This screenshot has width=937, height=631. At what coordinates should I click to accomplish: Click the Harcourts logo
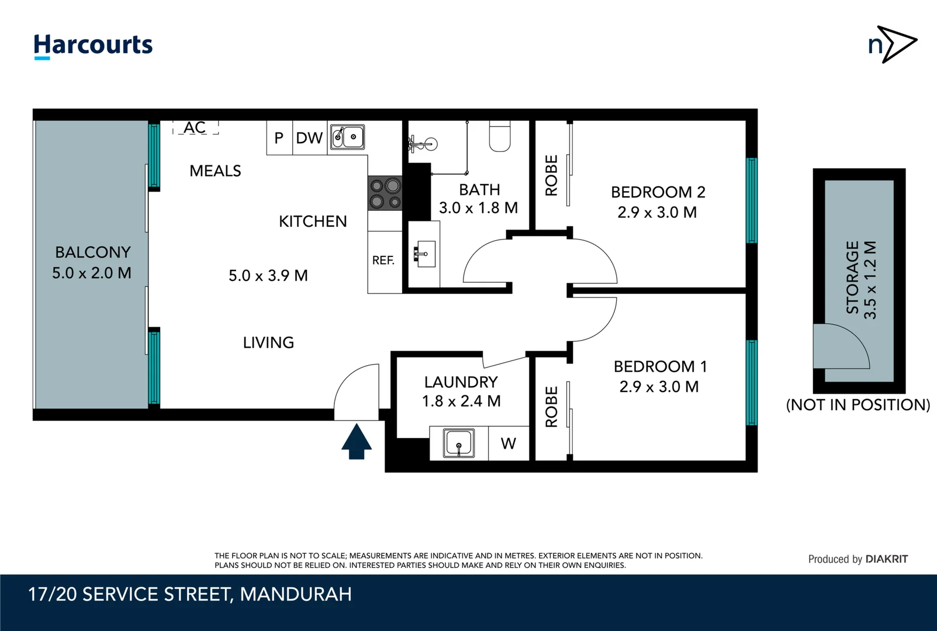[93, 46]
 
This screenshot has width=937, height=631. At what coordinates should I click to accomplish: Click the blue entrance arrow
[357, 442]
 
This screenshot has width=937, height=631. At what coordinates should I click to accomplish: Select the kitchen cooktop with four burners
[385, 193]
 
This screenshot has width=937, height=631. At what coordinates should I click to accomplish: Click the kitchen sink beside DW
[347, 137]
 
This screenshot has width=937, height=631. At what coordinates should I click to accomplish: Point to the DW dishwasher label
[309, 138]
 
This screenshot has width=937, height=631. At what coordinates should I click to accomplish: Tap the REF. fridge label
[383, 261]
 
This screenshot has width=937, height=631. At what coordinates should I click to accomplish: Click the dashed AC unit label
[195, 127]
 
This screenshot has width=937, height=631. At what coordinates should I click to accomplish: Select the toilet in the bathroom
[500, 136]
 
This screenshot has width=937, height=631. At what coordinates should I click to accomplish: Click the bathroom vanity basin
[426, 254]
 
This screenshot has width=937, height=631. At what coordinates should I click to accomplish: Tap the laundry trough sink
[459, 443]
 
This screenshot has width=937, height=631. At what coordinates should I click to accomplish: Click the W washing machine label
[509, 444]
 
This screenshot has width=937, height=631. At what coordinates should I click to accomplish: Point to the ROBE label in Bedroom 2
[551, 175]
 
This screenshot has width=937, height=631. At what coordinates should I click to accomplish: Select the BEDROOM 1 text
[660, 367]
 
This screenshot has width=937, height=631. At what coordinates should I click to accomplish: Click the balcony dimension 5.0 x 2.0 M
[92, 273]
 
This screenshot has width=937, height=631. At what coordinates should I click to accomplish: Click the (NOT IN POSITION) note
[858, 405]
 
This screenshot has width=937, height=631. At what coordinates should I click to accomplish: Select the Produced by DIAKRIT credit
[858, 559]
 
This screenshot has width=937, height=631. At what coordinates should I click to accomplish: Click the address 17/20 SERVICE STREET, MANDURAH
[190, 594]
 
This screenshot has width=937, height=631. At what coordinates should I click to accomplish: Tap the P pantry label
[279, 138]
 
